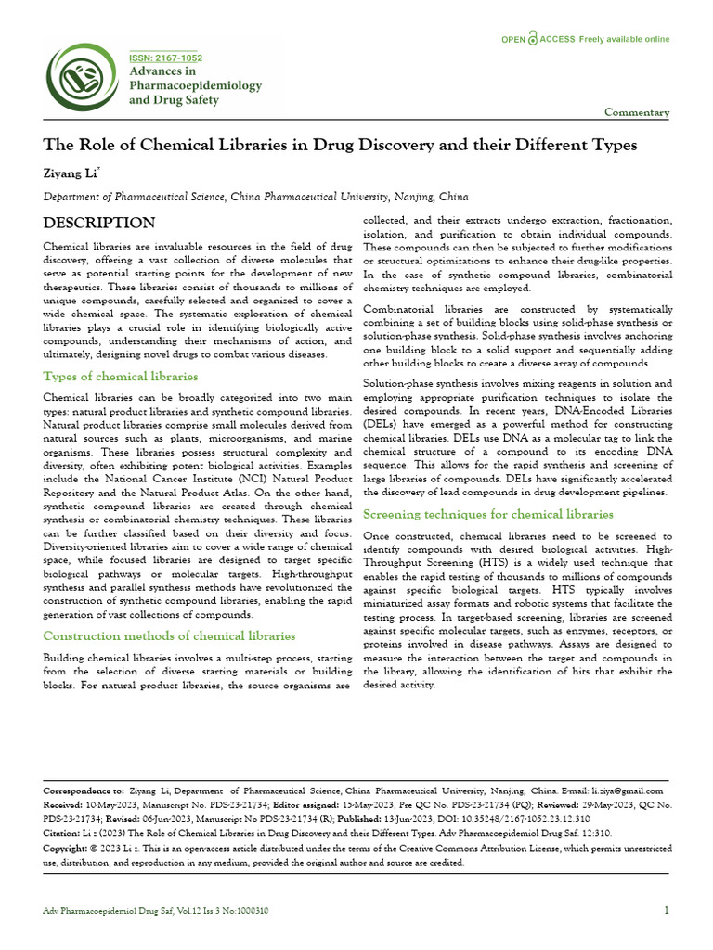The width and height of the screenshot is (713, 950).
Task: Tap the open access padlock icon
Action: tap(532, 39)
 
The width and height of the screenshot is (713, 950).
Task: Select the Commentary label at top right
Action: tap(636, 112)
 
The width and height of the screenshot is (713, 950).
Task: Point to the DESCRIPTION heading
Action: tap(99, 223)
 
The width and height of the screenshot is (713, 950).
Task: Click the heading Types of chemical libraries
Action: tap(121, 376)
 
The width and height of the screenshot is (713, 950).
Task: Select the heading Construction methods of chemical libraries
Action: tap(170, 635)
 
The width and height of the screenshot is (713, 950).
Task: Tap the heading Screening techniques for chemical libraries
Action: tap(487, 513)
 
